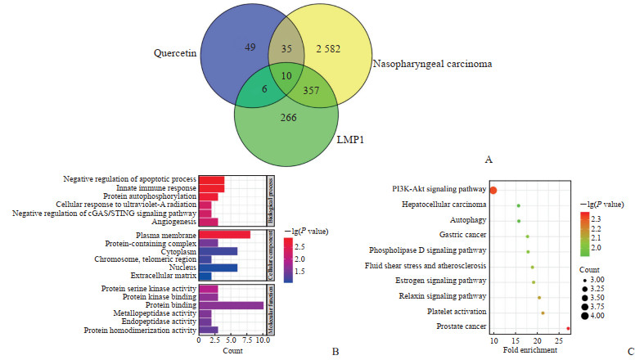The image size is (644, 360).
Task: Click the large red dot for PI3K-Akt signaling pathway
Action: click(493, 190)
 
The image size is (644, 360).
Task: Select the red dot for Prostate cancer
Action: click(568, 328)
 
